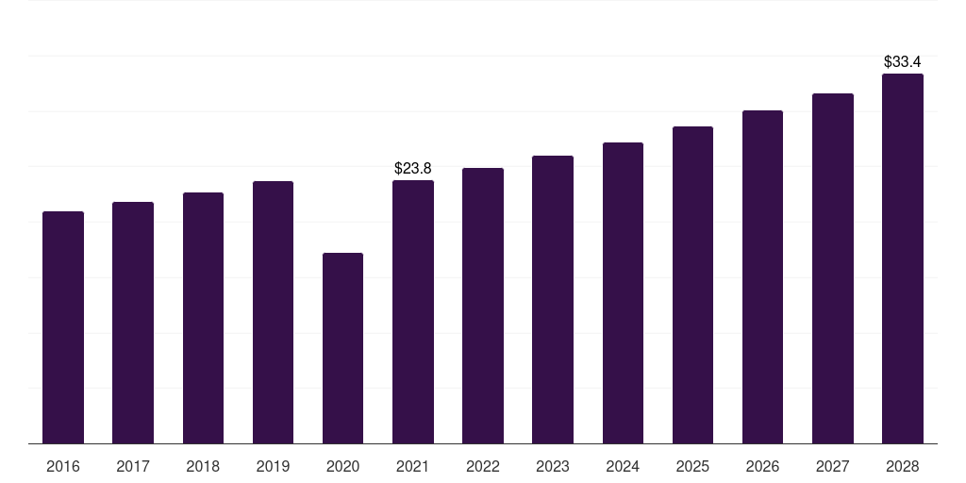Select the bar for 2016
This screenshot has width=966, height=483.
[63, 327]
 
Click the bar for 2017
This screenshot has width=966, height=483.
[133, 323]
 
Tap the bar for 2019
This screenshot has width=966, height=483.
[273, 312]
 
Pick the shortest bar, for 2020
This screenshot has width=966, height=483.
[342, 348]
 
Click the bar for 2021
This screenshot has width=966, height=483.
[413, 311]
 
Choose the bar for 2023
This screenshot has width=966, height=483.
[553, 299]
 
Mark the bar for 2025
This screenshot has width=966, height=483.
[692, 285]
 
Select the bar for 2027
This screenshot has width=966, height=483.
[833, 269]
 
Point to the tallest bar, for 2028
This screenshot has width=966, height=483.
[903, 258]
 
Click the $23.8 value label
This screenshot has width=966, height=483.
[413, 168]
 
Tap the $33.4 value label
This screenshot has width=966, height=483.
[903, 61]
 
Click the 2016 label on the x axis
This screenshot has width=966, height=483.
[63, 466]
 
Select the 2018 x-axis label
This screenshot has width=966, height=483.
[203, 466]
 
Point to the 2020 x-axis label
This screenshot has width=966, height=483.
[342, 466]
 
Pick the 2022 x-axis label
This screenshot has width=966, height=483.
[483, 466]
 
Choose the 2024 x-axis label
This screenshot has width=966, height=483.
[623, 466]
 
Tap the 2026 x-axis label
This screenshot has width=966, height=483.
[762, 466]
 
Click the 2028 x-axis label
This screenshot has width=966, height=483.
[903, 466]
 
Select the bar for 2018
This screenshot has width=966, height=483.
[204, 318]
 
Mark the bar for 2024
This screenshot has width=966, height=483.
[623, 293]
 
